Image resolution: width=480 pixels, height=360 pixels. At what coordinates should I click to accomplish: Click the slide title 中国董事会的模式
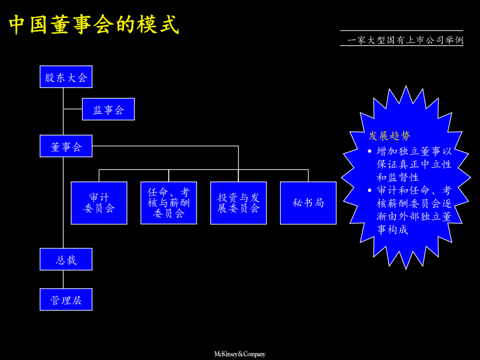94,25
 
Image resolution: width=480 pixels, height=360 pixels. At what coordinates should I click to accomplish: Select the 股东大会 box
66,77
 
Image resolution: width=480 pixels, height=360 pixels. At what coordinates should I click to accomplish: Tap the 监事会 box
108,109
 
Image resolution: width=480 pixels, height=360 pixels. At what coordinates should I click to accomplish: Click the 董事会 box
66,146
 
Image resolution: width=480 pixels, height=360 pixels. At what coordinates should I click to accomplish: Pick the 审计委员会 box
99,203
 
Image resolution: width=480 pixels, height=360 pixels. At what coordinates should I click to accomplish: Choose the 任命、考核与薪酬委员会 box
169,203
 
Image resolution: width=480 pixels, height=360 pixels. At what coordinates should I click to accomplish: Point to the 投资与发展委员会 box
238,203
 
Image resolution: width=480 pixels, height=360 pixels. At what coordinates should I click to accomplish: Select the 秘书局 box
308,203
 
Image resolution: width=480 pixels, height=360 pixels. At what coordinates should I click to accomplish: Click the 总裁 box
66,259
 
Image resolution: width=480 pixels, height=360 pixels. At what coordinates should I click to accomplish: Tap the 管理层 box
66,300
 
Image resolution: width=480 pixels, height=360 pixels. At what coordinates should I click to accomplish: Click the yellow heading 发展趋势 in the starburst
390,136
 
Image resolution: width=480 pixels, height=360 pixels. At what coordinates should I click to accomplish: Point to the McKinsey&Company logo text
239,354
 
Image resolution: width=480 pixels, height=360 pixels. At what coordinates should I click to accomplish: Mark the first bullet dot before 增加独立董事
371,151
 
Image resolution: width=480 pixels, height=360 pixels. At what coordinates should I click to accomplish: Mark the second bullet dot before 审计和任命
371,191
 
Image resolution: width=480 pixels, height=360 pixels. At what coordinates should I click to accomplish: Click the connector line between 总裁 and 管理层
64,279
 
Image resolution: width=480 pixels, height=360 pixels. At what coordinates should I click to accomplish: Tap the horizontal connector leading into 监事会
73,109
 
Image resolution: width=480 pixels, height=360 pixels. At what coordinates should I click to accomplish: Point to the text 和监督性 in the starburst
398,178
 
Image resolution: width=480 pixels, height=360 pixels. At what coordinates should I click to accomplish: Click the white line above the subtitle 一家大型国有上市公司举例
402,30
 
